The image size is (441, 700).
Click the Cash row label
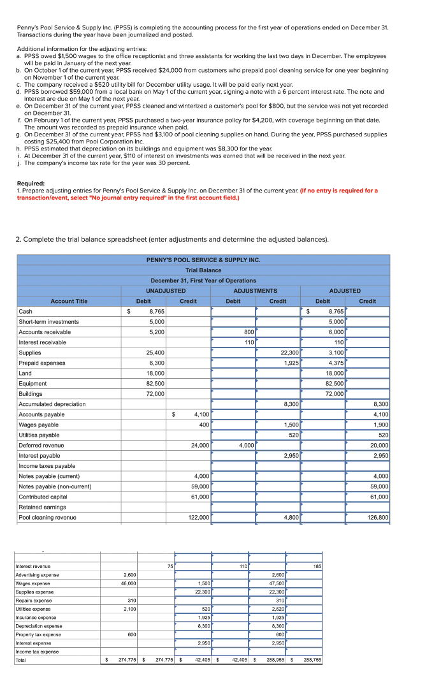(26, 311)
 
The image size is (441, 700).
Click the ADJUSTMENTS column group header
(256, 291)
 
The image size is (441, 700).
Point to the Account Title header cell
(69, 301)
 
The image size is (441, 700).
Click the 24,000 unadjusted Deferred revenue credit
(199, 445)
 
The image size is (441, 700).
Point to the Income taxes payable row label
(47, 466)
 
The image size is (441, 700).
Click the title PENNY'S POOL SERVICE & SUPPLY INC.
(203, 260)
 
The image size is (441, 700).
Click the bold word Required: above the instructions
(31, 183)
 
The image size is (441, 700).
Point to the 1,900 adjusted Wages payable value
(380, 425)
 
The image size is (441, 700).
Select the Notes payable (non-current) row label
(55, 486)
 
